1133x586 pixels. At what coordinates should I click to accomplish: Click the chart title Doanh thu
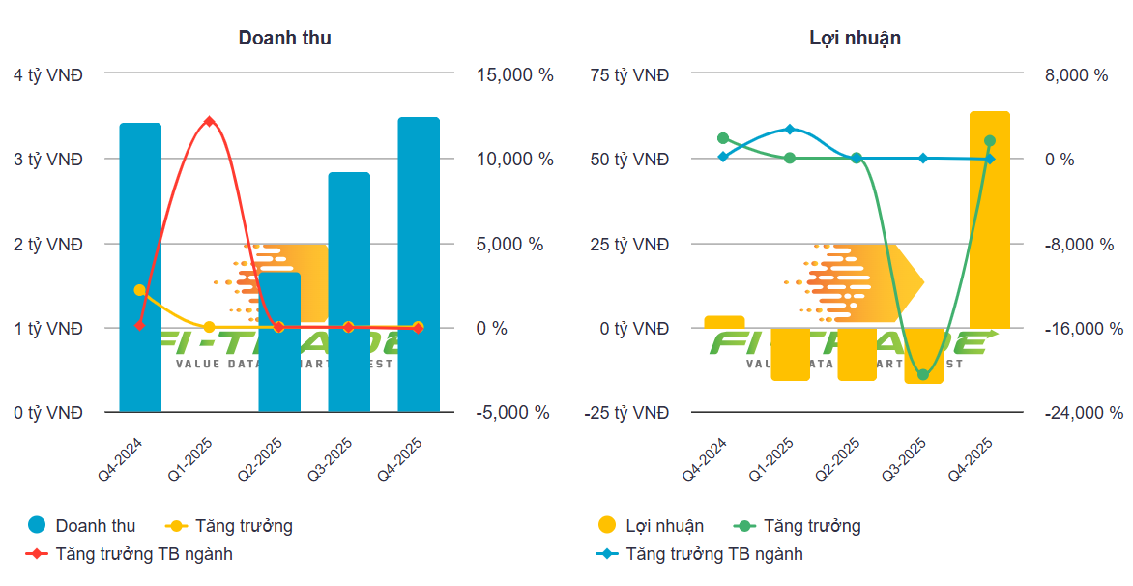[x=285, y=38]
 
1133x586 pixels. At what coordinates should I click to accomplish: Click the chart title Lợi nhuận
[x=855, y=38]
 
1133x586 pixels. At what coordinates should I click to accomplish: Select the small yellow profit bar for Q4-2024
[x=724, y=322]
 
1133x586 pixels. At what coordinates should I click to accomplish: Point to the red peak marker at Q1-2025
[x=209, y=121]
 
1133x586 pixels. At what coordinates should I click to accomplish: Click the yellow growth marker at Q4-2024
[x=140, y=289]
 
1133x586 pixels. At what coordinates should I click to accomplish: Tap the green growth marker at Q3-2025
[x=922, y=374]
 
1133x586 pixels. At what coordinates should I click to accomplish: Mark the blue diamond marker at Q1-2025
[x=790, y=129]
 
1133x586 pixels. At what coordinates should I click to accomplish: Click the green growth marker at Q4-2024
[x=723, y=138]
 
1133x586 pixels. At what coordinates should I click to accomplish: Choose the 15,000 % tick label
[x=515, y=74]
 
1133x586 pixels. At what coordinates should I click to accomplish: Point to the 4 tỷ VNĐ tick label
[x=48, y=74]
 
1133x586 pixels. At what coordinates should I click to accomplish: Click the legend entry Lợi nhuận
[x=664, y=526]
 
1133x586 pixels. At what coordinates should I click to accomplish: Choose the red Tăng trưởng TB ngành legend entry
[x=144, y=554]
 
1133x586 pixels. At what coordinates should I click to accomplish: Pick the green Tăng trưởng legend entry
[x=811, y=526]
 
